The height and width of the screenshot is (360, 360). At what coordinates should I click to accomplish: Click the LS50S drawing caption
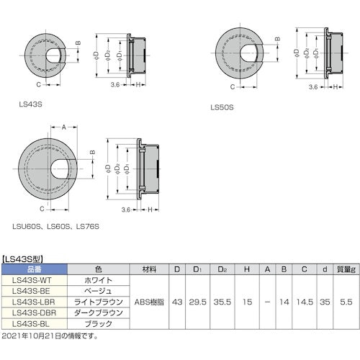[x=222, y=107]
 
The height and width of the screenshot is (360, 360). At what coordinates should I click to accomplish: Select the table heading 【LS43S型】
[x=27, y=256]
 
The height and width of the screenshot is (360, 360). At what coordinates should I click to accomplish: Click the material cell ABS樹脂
[x=150, y=302]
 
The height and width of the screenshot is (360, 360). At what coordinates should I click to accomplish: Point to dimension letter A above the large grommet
[x=63, y=127]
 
